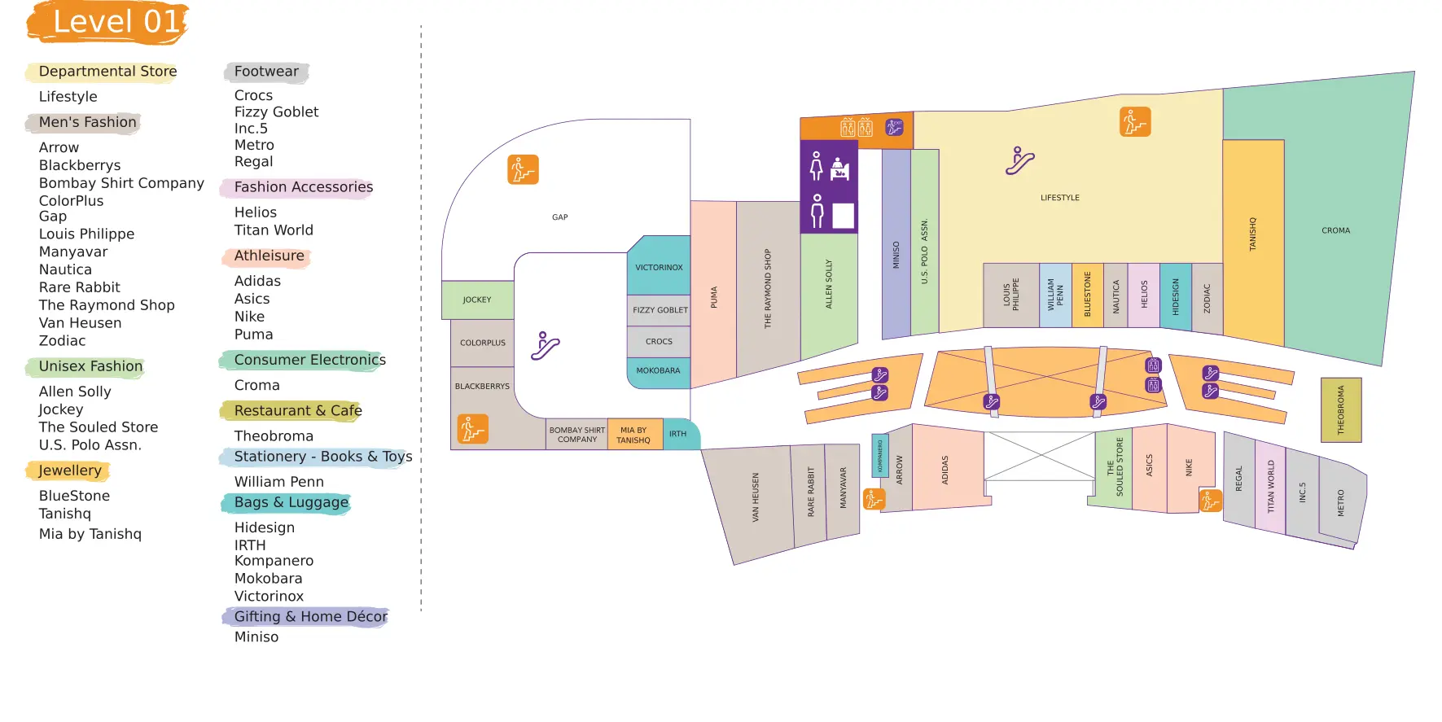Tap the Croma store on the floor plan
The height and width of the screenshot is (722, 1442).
[1335, 230]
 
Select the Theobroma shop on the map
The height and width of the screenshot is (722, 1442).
[1340, 409]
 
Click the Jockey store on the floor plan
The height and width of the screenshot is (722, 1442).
[477, 300]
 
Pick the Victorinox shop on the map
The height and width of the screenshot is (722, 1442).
[659, 267]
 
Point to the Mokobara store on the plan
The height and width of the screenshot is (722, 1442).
[658, 371]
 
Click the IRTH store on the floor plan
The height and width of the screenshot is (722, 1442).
[678, 434]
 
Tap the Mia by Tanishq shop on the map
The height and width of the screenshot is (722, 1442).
[633, 435]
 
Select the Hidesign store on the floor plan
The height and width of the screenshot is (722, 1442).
[1175, 296]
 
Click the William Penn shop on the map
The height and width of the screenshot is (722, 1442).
[1055, 295]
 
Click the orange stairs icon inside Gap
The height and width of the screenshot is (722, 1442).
[523, 169]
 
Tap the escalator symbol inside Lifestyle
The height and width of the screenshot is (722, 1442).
[1019, 161]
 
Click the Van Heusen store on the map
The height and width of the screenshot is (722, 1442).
[755, 498]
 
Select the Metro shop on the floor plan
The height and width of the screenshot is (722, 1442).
[1341, 503]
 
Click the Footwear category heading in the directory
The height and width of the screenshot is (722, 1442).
[266, 72]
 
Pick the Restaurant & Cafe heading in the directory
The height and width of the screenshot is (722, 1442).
[296, 411]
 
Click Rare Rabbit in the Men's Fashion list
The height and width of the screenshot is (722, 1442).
[79, 287]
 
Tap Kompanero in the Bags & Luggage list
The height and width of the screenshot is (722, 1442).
[274, 561]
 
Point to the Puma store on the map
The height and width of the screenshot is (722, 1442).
[713, 297]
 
